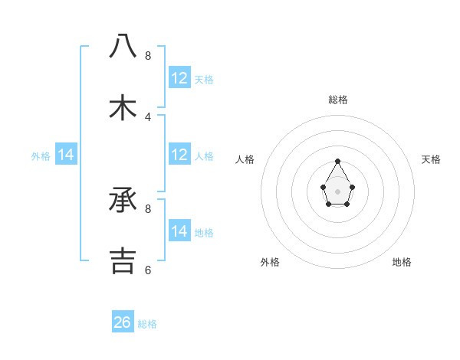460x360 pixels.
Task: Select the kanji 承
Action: [123, 201]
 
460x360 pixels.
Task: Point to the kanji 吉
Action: [123, 260]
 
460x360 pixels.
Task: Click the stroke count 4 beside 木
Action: [148, 117]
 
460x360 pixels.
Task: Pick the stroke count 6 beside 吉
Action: [148, 270]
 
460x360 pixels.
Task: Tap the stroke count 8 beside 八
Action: [148, 56]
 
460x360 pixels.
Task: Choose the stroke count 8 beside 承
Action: [148, 208]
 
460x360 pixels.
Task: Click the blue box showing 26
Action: [123, 322]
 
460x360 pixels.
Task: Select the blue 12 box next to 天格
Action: [179, 78]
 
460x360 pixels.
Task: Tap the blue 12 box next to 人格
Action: [179, 155]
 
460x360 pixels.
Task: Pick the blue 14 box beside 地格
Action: [179, 231]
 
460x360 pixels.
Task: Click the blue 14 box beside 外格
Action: [66, 155]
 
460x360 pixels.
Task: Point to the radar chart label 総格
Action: [338, 100]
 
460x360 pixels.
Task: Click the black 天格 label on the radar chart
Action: [431, 159]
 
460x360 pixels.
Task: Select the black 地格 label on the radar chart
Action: [402, 262]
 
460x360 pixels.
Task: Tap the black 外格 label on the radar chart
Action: [270, 262]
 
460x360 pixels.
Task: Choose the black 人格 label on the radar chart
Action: [245, 159]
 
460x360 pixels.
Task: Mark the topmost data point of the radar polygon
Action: [337, 161]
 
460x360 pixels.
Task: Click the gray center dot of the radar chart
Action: [337, 190]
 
